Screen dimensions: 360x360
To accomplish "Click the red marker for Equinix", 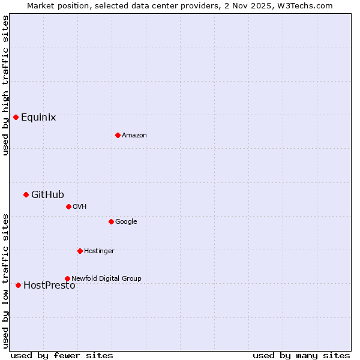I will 16,117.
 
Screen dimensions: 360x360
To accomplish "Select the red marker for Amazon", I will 118,135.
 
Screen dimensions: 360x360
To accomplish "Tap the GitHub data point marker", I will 26,194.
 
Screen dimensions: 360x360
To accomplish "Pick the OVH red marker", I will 68,206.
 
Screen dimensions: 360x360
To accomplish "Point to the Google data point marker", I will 111,221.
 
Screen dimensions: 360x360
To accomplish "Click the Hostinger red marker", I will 80,251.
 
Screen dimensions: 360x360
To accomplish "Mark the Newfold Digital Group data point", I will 67,278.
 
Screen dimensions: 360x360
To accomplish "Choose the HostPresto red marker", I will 18,285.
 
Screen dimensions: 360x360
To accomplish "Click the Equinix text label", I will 38,118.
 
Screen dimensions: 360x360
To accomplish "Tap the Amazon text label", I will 134,136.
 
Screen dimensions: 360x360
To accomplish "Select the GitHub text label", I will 47,194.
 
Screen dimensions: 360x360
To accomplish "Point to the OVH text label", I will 80,207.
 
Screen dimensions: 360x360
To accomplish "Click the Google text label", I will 126,222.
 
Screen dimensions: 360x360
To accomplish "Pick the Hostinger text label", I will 99,251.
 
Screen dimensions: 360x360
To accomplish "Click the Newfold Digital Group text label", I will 106,278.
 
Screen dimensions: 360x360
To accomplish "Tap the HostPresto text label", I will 49,286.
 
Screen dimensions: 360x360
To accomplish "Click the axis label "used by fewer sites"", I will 62,355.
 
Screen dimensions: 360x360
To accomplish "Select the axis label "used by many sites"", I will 301,355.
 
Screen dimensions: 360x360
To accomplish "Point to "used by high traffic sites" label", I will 5,85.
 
